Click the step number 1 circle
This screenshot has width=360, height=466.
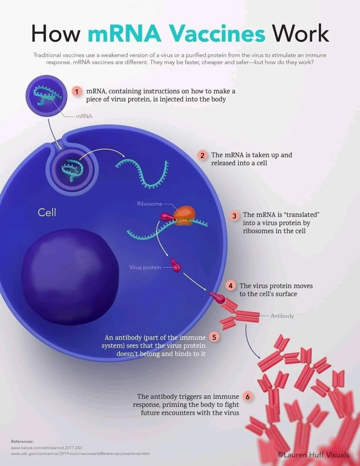tap(77, 91)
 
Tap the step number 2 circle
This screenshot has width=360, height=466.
tap(202, 155)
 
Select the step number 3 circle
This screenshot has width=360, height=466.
tap(234, 215)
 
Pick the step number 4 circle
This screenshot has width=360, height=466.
tap(230, 286)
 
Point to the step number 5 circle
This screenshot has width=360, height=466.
tap(214, 337)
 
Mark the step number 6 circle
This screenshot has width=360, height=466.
tap(248, 397)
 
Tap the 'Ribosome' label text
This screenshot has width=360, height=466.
tap(150, 204)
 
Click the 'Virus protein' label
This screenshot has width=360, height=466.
tap(145, 268)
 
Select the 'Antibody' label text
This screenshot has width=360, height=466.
tap(282, 316)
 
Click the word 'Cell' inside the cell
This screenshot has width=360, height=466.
tap(47, 212)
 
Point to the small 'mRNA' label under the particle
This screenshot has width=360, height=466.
tap(84, 116)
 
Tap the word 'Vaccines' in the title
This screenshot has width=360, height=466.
tap(217, 34)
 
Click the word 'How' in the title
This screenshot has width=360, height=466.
tap(56, 34)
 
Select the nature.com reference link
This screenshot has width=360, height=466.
tap(46, 448)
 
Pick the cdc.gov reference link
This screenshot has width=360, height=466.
tap(80, 454)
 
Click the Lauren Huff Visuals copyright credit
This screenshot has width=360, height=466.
tap(313, 455)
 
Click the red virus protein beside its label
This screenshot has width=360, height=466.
tap(176, 265)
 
